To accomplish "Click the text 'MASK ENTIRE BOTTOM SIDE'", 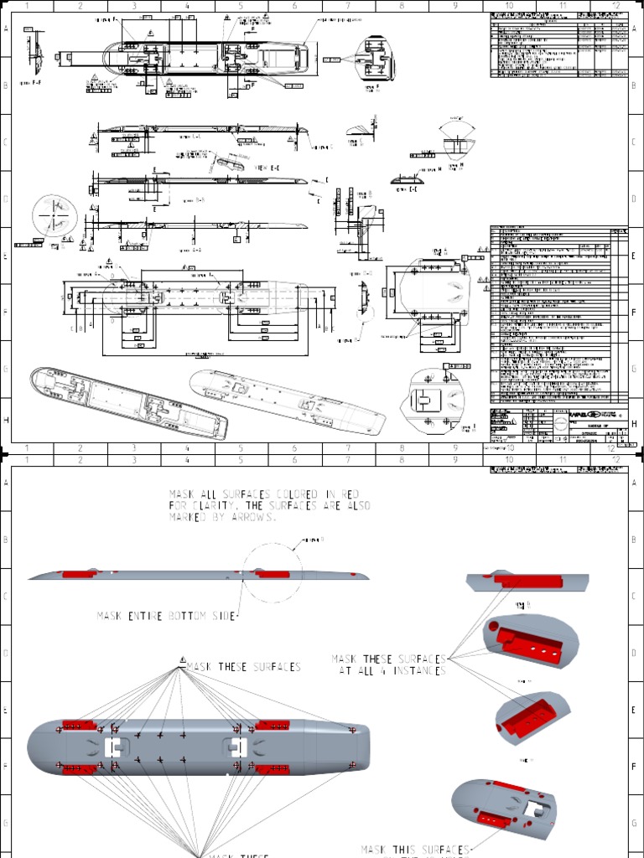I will [x=167, y=616].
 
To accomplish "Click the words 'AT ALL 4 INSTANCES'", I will [x=391, y=671].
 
